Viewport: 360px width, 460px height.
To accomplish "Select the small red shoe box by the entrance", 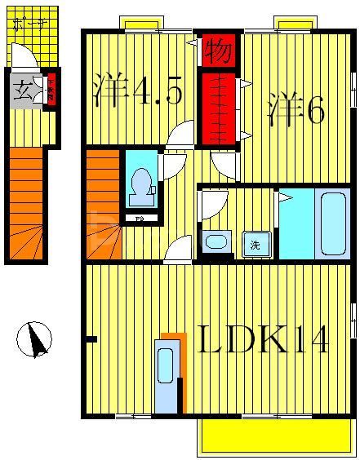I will click(x=50, y=89).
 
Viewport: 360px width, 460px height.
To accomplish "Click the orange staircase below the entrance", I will click(x=25, y=204).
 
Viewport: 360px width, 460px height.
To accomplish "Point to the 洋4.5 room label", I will click(x=136, y=91).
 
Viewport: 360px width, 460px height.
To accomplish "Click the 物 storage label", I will click(x=218, y=51).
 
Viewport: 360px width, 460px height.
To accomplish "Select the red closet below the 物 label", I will click(x=218, y=108).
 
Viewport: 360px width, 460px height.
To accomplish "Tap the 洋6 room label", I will click(x=296, y=110).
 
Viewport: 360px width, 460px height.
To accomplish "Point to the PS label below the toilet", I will click(x=140, y=219).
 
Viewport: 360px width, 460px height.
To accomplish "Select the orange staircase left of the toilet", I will click(x=102, y=204).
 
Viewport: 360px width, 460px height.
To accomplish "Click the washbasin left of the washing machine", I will click(x=216, y=241).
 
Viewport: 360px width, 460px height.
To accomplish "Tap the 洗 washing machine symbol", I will click(x=256, y=244).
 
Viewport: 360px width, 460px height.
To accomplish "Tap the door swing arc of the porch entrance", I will click(x=22, y=56).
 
